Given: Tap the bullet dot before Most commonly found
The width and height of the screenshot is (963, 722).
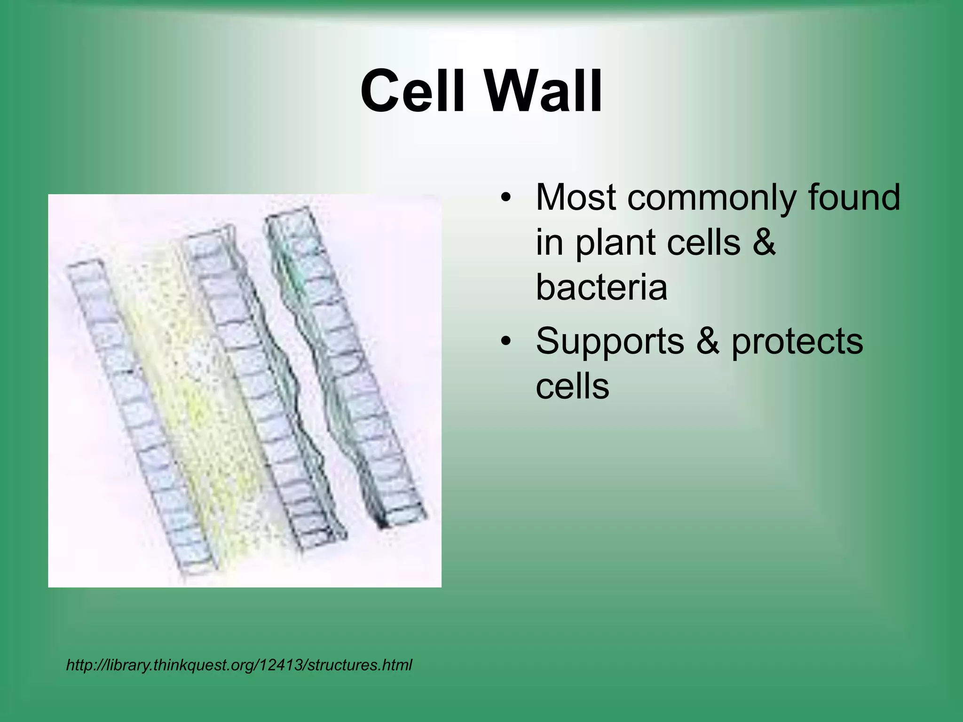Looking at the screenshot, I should coord(505,197).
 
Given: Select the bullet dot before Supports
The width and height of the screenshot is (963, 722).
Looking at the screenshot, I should coord(505,341).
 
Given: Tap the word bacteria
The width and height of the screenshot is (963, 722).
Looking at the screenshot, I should coord(601,288).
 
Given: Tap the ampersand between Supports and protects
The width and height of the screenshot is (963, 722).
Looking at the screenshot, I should coord(708,341).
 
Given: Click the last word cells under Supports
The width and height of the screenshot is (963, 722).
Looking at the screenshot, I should coord(572,386).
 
